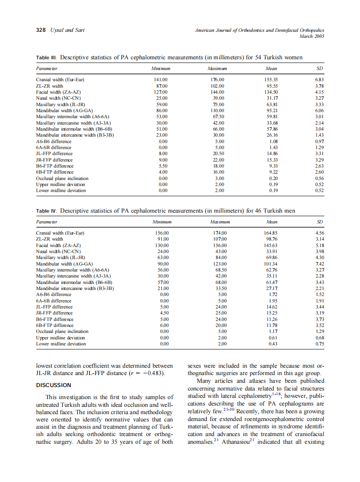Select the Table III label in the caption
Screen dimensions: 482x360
(47, 58)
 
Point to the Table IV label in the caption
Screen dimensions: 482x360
(47, 211)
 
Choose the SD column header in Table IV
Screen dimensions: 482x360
(319, 222)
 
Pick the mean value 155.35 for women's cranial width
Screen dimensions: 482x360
(271, 80)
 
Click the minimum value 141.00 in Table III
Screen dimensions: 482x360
(161, 80)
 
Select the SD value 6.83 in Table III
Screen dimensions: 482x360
(319, 80)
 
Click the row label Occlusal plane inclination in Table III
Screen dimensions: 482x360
(62, 178)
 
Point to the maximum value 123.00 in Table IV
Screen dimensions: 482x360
(220, 264)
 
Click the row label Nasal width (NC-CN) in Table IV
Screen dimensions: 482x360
(58, 252)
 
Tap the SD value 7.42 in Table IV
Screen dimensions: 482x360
(319, 264)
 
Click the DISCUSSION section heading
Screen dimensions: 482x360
(53, 385)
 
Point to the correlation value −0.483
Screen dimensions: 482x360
(154, 373)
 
